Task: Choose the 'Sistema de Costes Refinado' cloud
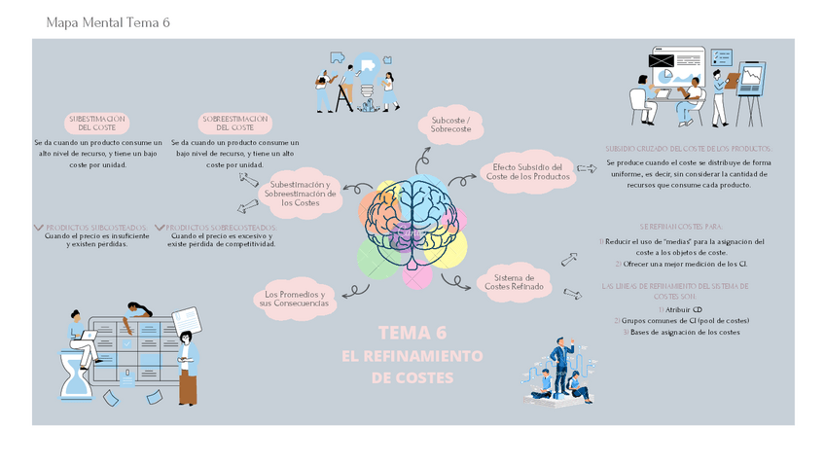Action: click(x=514, y=281)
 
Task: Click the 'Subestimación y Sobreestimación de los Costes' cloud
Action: click(x=300, y=193)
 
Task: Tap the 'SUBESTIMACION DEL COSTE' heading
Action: click(x=97, y=123)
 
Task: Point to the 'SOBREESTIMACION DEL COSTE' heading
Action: click(x=234, y=123)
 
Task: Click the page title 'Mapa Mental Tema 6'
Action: click(x=108, y=22)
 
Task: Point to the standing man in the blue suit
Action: click(x=561, y=359)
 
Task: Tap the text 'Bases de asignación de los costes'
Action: click(x=684, y=332)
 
